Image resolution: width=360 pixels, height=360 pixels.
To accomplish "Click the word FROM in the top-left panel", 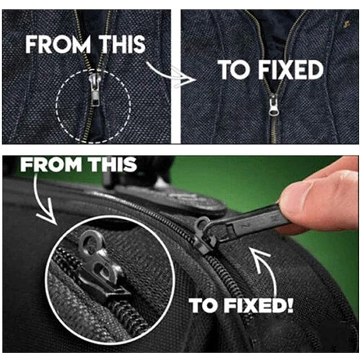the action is coord(58,44).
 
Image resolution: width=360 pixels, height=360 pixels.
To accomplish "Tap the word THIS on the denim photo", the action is coord(122,44).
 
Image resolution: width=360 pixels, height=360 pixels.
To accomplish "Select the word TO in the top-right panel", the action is coord(234,70).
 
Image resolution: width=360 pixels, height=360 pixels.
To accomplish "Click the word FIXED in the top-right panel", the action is coord(291,70).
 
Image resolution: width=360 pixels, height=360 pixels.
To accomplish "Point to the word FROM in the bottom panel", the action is coord(51,165).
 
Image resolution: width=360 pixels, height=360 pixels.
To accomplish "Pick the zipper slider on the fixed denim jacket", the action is coord(274,105).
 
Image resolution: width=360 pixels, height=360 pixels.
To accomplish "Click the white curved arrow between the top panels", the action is coord(171,75).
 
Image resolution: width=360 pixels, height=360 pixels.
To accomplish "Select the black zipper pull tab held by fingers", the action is coord(248,224).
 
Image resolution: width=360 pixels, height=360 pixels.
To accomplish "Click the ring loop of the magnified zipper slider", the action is coord(89,239).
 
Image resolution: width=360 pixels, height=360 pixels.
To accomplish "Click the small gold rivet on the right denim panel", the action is coord(346,24).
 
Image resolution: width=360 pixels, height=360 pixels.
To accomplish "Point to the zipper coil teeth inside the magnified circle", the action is coord(129,317).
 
